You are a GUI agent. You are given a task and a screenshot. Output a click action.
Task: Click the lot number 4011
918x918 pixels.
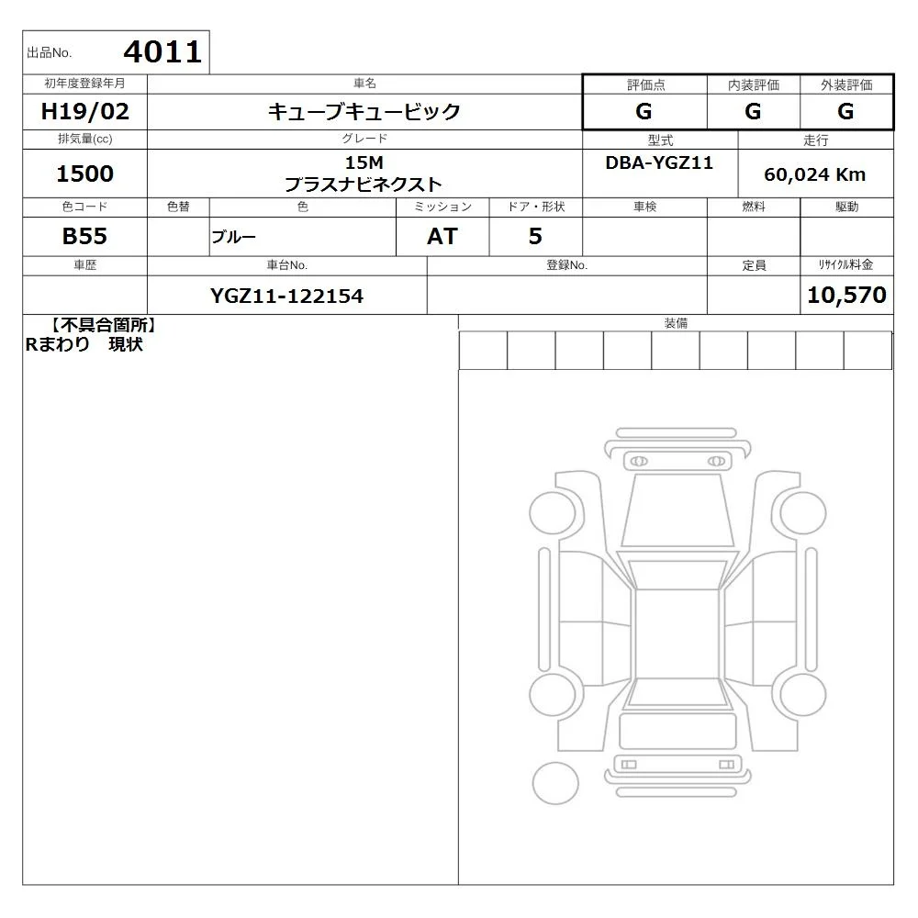(x=162, y=52)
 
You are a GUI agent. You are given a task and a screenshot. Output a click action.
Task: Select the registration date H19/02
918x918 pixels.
(x=84, y=111)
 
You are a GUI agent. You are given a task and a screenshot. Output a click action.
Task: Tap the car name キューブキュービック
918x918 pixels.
(x=364, y=111)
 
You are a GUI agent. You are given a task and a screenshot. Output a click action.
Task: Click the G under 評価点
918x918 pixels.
(x=644, y=111)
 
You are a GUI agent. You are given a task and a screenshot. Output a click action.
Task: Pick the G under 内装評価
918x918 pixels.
(x=753, y=111)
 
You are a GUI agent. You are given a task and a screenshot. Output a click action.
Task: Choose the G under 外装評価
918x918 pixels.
(x=845, y=111)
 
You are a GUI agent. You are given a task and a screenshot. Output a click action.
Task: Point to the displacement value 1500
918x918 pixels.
(x=84, y=174)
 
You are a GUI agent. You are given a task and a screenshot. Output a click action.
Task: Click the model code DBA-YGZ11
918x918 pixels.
(x=659, y=162)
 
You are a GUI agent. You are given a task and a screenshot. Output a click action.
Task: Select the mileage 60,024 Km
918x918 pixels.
(x=815, y=174)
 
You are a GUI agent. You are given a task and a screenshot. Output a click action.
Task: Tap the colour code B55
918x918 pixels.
(x=84, y=236)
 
